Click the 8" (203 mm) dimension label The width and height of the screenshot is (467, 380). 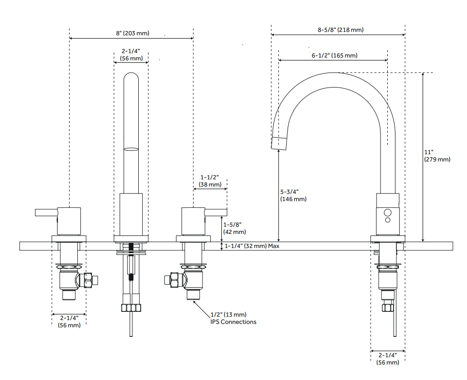tap(132, 33)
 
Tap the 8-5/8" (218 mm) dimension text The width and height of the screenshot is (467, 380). tap(340, 30)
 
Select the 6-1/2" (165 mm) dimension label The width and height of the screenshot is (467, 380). tap(335, 56)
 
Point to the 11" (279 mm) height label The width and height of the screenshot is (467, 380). tap(437, 156)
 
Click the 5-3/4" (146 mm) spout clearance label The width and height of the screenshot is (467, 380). tap(293, 195)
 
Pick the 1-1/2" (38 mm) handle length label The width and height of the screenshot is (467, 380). tap(210, 181)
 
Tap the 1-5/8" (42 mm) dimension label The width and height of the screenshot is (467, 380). tap(234, 228)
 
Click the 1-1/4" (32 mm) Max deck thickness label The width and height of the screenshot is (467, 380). tap(252, 246)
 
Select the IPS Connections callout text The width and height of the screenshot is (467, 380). tap(233, 322)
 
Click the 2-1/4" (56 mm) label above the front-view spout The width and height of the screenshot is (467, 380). tap(131, 55)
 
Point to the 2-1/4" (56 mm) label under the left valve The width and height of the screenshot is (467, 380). tap(69, 322)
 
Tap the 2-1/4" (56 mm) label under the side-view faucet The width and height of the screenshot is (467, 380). tap(388, 359)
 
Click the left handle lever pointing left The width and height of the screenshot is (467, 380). tap(46, 212)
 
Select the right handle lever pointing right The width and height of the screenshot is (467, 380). tap(216, 212)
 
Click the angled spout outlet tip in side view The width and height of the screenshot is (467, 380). tap(279, 143)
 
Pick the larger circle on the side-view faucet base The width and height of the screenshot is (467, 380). tap(388, 212)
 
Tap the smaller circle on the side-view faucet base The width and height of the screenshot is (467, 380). tap(388, 220)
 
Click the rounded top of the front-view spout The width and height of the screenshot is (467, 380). tap(131, 76)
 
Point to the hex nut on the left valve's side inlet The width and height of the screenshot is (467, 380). tap(88, 280)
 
